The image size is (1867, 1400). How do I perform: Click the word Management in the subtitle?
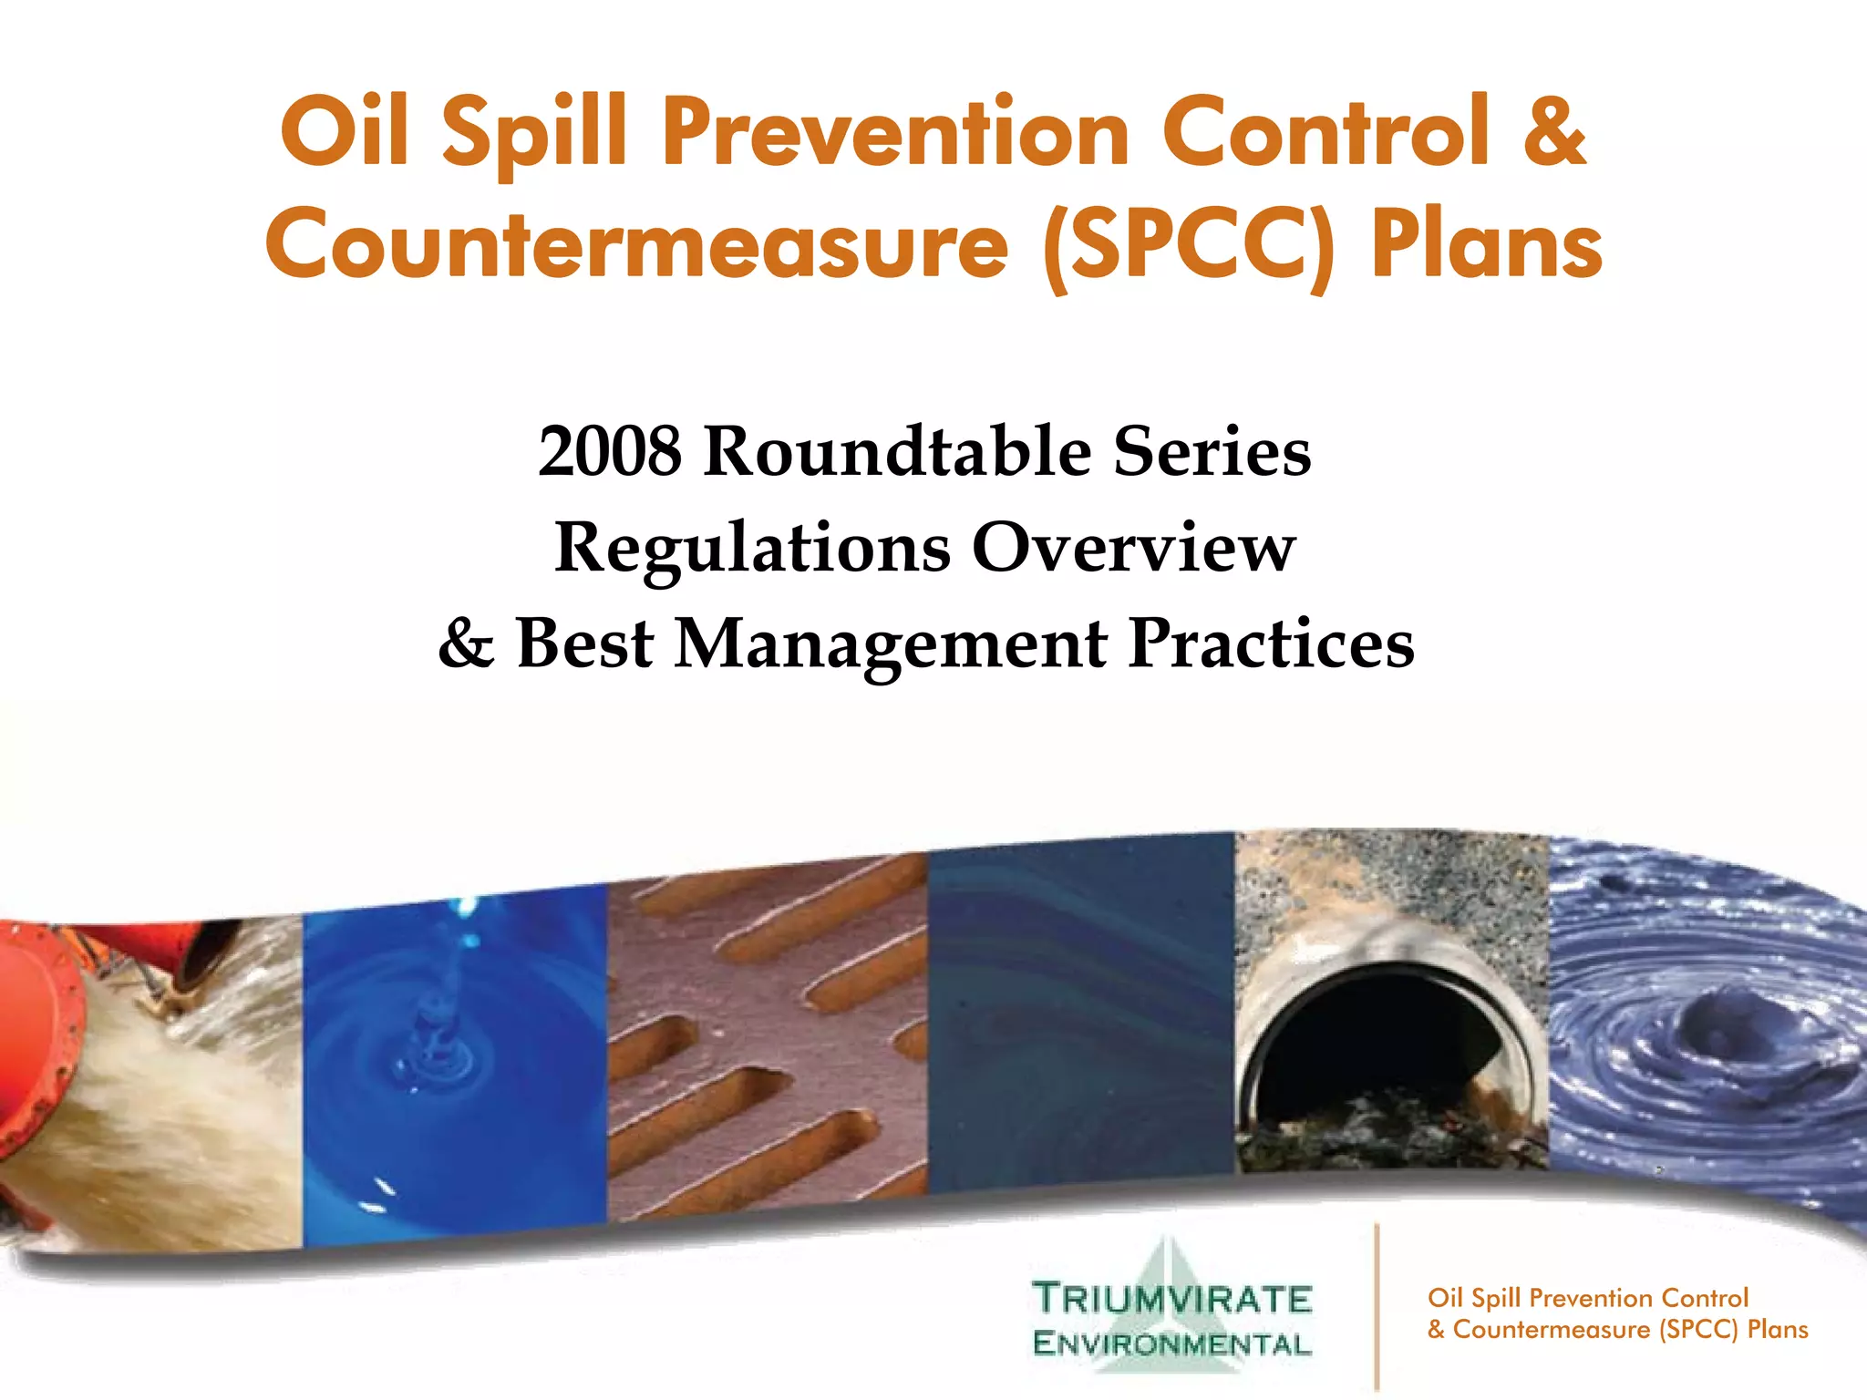(x=891, y=644)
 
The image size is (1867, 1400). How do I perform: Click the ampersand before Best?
(x=467, y=644)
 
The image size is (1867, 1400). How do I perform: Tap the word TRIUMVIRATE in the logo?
(x=1171, y=1299)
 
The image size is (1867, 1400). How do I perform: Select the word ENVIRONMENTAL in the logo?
(x=1171, y=1343)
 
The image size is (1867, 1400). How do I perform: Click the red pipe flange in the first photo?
(x=36, y=1048)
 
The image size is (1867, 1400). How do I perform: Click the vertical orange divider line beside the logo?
(x=1377, y=1308)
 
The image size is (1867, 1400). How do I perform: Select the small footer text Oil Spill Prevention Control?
(x=1587, y=1298)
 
